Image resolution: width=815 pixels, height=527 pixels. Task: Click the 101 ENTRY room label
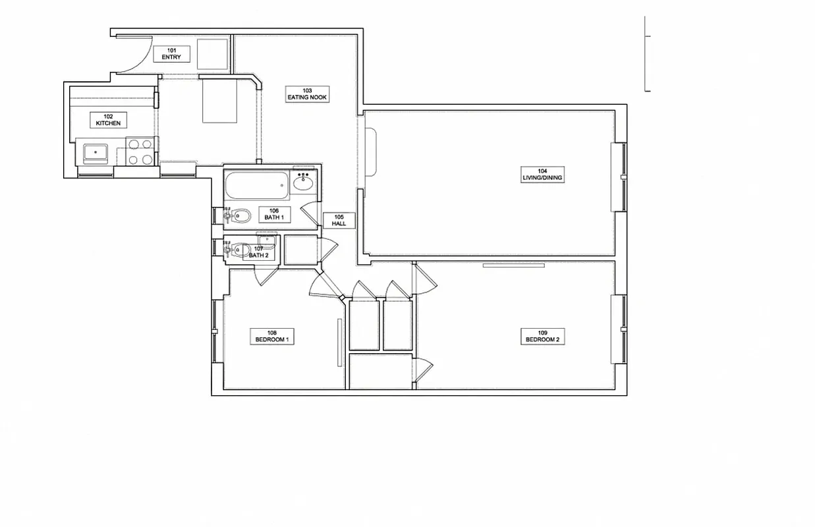[171, 54]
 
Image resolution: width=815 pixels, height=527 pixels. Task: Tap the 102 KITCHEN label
[108, 120]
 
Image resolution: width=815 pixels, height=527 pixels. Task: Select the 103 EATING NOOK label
[307, 94]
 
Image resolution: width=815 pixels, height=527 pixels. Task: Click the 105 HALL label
[339, 220]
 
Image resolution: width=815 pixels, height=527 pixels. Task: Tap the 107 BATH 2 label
[259, 252]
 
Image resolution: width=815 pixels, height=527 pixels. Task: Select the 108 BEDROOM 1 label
[272, 337]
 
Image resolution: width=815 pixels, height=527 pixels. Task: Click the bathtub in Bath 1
[257, 186]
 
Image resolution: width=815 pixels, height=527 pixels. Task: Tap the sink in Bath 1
[304, 181]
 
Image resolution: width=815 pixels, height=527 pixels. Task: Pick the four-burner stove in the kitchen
[140, 152]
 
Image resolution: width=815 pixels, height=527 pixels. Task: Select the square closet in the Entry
[213, 53]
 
